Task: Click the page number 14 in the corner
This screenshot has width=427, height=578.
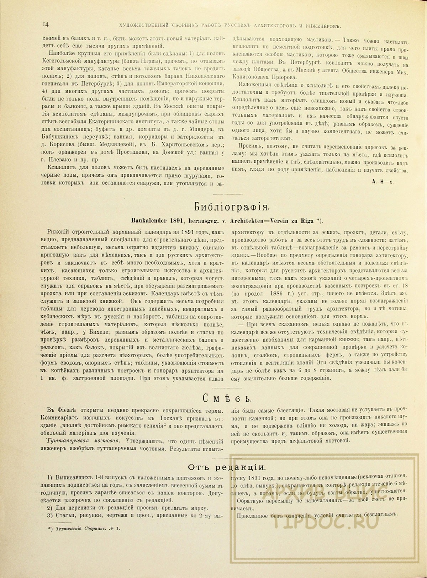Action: (45, 24)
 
